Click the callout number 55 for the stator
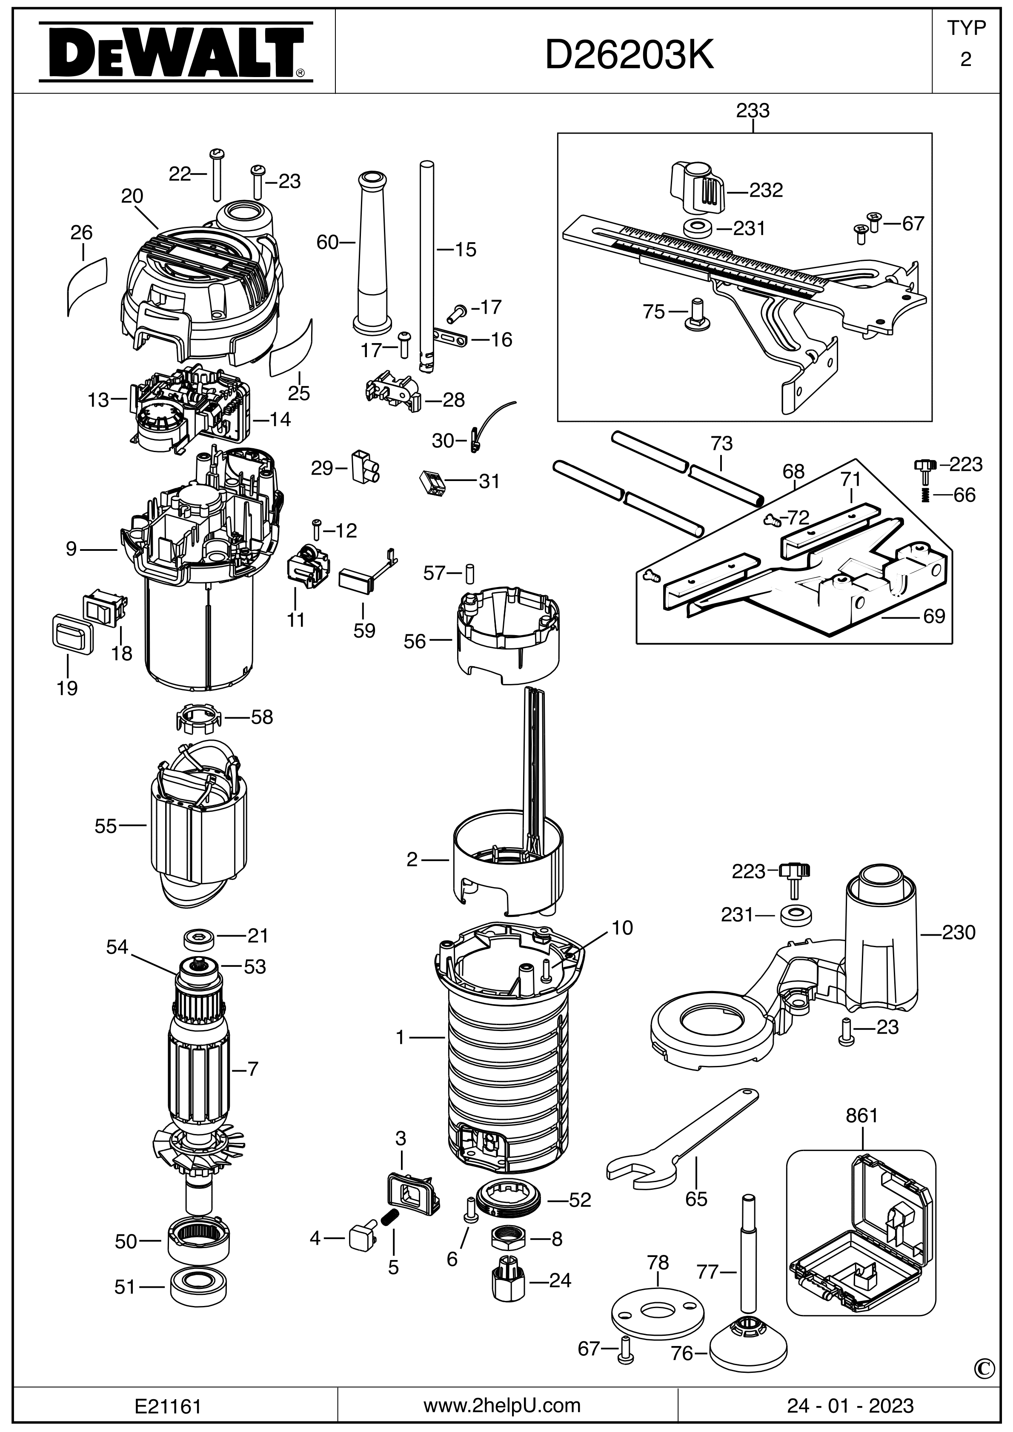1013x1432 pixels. pos(106,826)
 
